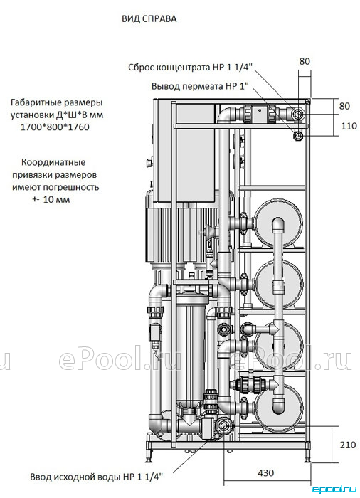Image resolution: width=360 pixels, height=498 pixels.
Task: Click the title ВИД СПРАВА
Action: point(149,19)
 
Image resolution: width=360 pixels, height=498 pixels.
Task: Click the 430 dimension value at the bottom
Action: point(265,472)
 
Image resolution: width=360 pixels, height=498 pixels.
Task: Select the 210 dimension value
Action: point(348,445)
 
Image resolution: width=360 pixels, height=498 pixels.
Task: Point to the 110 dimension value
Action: point(349,126)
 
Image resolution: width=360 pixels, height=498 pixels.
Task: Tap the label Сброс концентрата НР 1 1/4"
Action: point(191,68)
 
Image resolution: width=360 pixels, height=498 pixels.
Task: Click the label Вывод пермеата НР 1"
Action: point(199,86)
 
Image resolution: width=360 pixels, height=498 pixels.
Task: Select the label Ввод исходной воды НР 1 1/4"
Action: point(97,477)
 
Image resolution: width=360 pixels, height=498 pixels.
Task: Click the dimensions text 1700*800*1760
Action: point(55,127)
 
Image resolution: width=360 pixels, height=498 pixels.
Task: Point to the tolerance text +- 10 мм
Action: point(51,200)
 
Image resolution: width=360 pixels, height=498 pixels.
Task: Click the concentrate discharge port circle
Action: point(298,113)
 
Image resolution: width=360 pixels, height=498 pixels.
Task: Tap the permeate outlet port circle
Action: point(298,136)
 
